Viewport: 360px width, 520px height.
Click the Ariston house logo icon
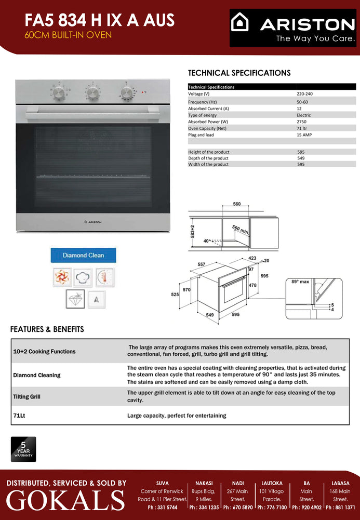click(x=241, y=23)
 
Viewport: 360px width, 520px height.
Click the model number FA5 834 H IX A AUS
click(x=100, y=20)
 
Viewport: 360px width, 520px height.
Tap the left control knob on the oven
click(x=59, y=92)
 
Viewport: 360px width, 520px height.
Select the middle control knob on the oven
click(x=92, y=92)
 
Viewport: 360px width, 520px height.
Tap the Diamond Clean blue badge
click(x=83, y=255)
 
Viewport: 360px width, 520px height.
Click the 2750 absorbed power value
click(x=302, y=122)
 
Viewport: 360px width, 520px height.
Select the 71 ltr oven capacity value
click(x=302, y=128)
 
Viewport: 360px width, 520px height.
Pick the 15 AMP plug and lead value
click(x=304, y=135)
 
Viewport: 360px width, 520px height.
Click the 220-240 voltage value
click(x=304, y=94)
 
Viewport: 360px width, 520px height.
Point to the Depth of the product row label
click(x=208, y=158)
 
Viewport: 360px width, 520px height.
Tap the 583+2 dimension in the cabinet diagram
click(x=192, y=232)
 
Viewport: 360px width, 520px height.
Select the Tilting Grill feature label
click(x=26, y=397)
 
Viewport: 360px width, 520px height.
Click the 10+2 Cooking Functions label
click(x=44, y=352)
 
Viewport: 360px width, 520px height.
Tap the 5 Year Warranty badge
click(x=23, y=449)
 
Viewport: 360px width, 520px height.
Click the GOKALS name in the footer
click(x=65, y=500)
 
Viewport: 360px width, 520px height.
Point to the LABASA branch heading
click(x=341, y=483)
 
